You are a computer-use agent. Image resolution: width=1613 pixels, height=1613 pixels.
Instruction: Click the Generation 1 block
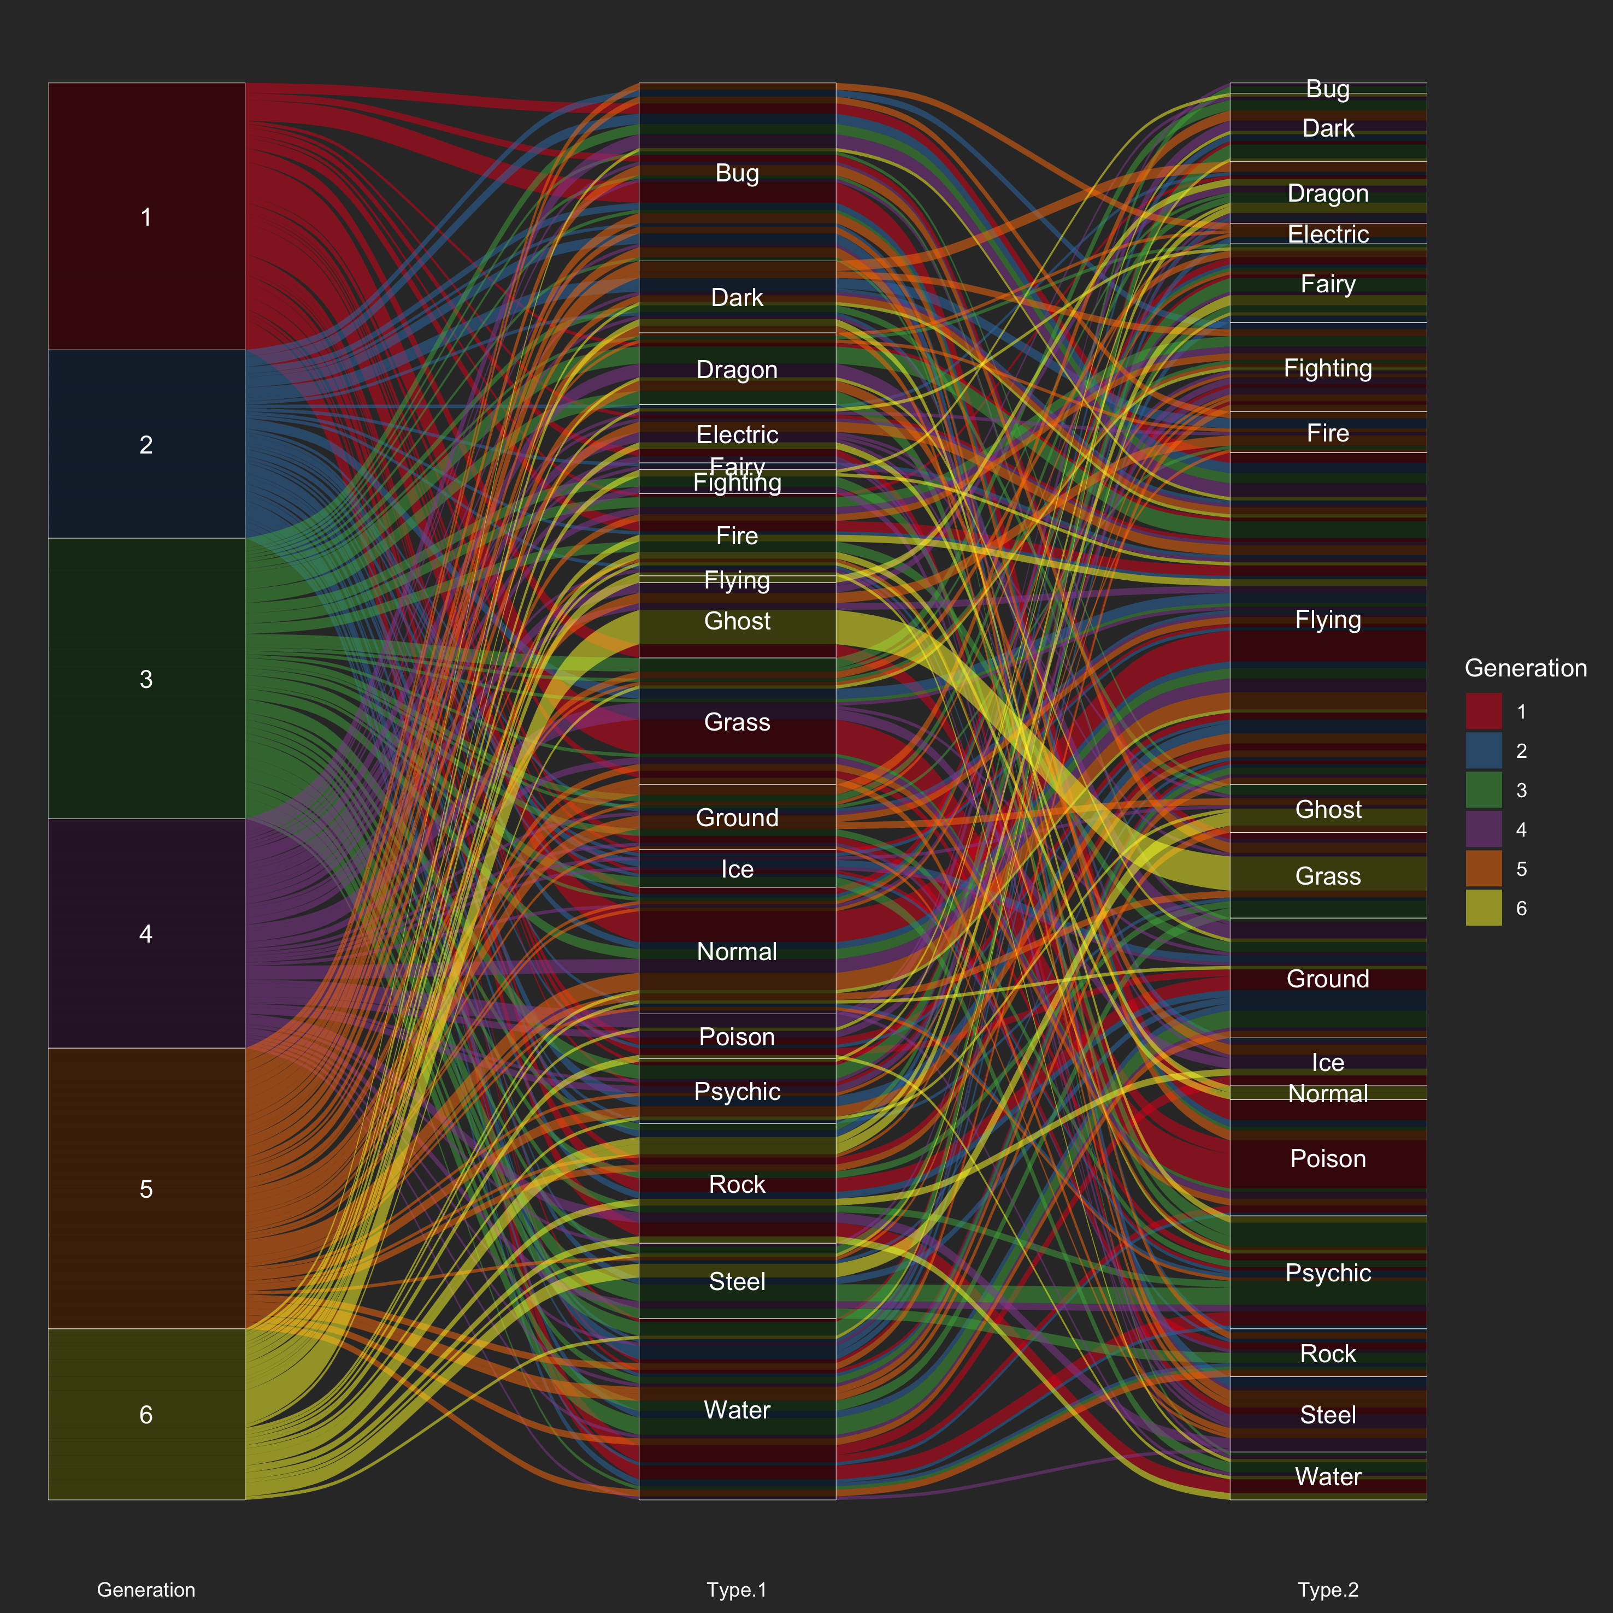[x=146, y=216]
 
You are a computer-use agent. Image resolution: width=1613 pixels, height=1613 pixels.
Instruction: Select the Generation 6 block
[x=146, y=1414]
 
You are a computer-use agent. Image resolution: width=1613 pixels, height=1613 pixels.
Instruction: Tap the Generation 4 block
[x=146, y=933]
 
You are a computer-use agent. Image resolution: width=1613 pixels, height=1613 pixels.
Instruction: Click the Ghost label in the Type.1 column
[x=737, y=621]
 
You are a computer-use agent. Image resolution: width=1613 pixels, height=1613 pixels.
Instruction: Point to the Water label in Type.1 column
[x=737, y=1410]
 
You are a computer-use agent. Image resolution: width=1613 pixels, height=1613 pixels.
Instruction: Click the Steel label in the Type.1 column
[x=737, y=1281]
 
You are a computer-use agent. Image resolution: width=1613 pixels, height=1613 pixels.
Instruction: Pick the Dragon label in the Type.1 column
[x=737, y=370]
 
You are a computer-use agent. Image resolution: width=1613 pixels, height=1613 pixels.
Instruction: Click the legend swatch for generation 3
[x=1484, y=790]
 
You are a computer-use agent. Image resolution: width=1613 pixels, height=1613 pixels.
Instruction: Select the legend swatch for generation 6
[x=1484, y=908]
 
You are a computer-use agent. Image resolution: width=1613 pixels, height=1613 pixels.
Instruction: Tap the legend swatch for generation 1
[x=1484, y=711]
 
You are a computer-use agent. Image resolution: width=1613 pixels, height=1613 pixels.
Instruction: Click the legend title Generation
[x=1526, y=668]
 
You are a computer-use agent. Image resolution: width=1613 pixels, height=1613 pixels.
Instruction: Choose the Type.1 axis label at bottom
[x=737, y=1590]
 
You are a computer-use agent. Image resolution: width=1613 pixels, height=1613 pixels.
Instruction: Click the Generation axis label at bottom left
[x=146, y=1590]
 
